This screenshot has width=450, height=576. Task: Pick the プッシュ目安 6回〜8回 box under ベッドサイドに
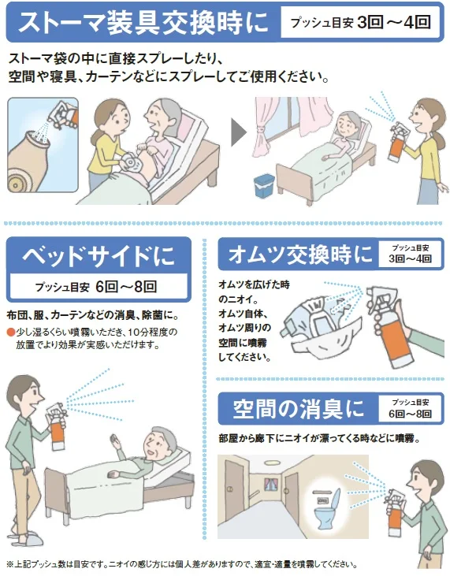coord(99,286)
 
